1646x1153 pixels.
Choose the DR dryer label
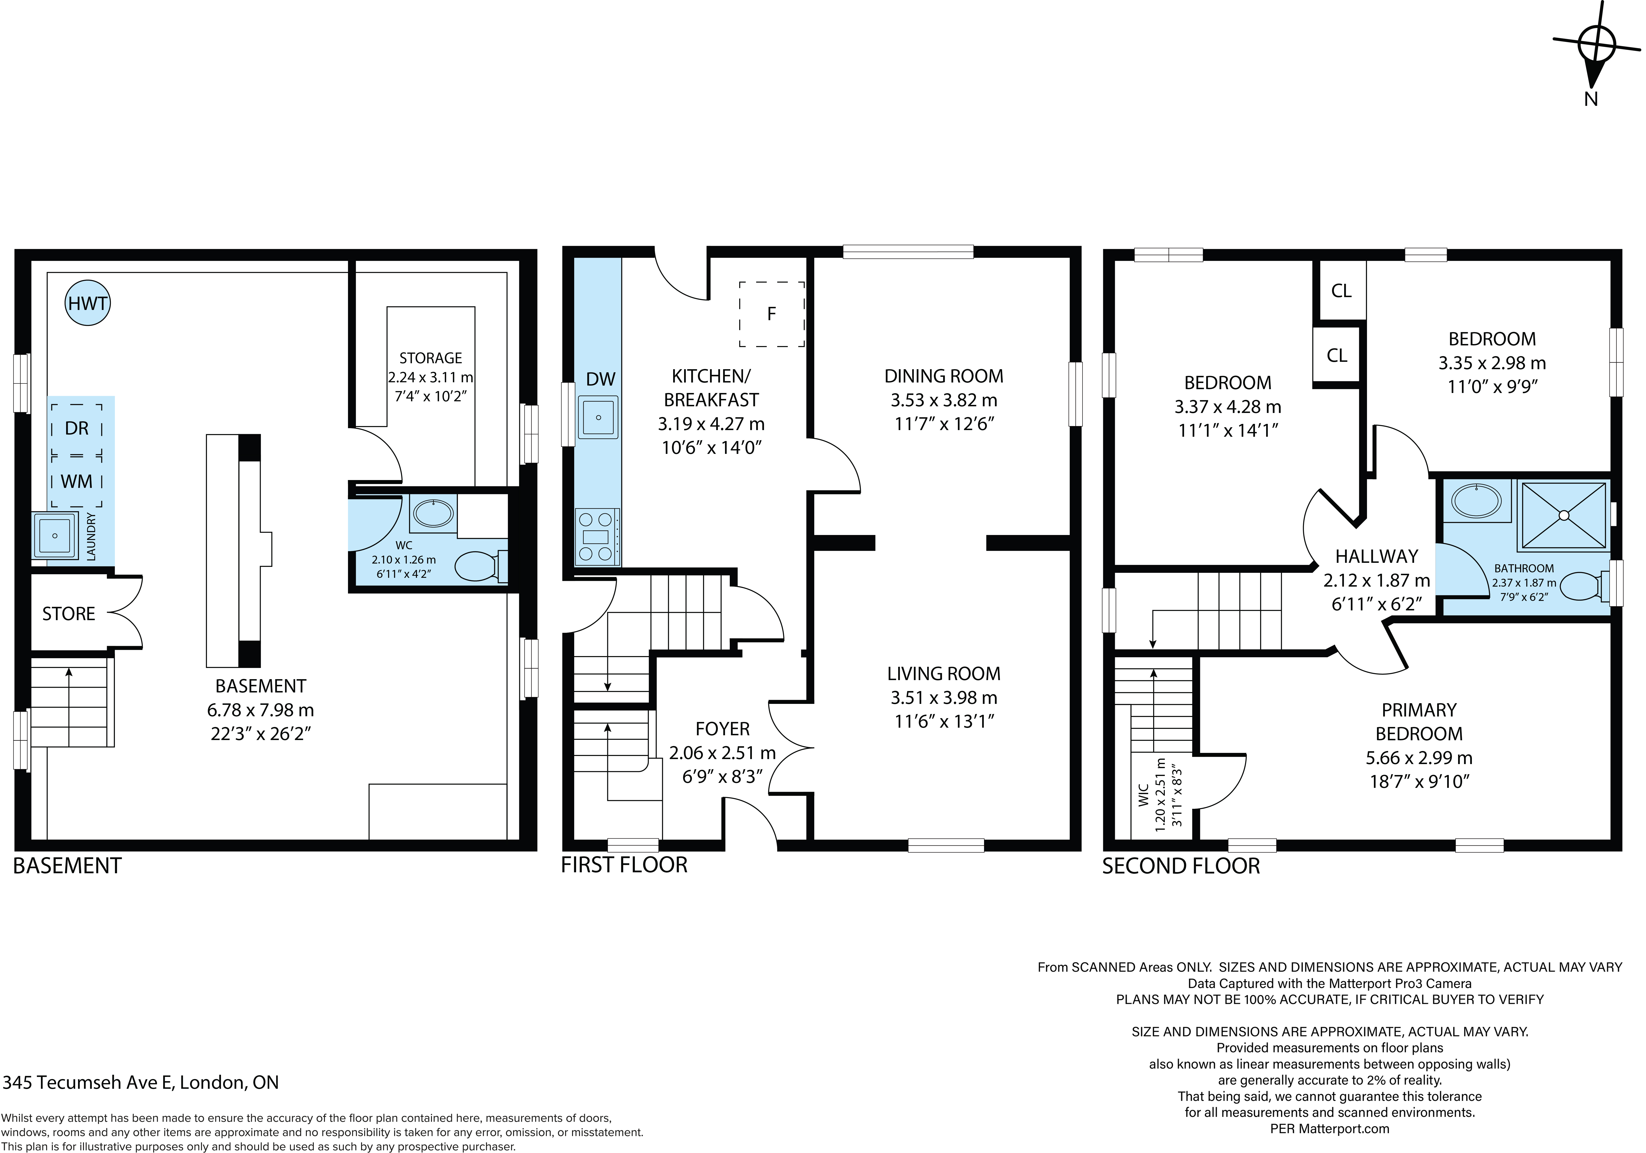[77, 428]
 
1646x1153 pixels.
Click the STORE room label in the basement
[69, 614]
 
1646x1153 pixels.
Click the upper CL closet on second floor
[1341, 290]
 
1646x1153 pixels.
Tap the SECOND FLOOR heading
[1181, 866]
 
